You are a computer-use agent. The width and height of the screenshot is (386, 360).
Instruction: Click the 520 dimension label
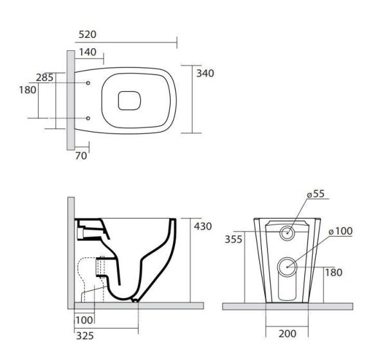coord(87,35)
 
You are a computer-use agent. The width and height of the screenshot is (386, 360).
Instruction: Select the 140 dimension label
coord(87,52)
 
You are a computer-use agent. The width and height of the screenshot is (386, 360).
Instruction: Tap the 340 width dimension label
coord(205,73)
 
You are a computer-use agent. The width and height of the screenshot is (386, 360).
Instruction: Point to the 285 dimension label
coord(44,78)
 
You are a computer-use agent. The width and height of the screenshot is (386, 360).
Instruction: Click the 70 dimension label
coord(81,156)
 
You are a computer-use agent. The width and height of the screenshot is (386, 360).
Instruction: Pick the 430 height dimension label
coord(203,226)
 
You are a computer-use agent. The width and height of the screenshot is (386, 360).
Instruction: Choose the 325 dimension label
coord(85,336)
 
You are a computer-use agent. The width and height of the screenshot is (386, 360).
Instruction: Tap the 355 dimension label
coord(234,239)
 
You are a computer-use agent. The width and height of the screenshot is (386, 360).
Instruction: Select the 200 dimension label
coord(288,334)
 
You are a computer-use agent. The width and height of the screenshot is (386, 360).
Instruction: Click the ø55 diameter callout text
coord(316,194)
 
